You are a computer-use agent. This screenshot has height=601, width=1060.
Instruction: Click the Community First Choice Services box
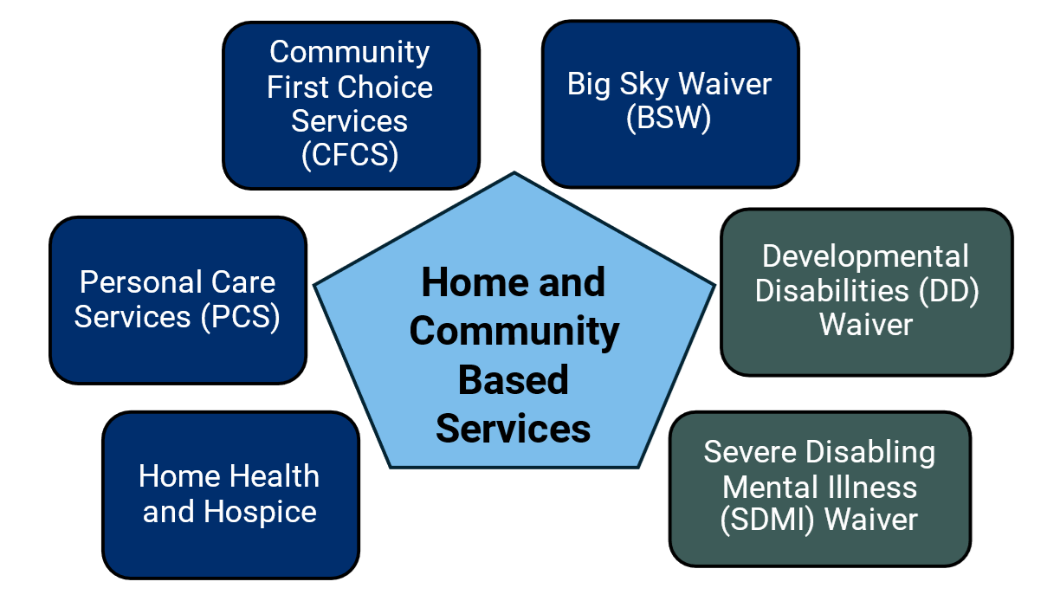[351, 105]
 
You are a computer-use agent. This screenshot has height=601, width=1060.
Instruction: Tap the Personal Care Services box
[178, 300]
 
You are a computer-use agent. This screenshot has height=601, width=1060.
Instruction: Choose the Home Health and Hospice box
[230, 494]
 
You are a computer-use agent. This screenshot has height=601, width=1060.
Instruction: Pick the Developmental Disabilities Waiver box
[866, 291]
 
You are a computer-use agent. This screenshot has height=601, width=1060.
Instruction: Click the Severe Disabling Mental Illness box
[819, 488]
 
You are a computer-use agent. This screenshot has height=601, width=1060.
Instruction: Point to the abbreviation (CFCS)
[350, 156]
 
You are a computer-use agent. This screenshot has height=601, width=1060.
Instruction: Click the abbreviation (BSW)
[669, 119]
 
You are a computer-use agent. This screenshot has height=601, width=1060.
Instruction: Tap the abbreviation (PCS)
[240, 317]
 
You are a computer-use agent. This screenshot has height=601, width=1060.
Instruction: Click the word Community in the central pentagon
[514, 332]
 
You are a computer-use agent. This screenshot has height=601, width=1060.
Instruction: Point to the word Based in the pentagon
[514, 380]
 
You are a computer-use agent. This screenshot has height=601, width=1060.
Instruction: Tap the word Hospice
[260, 512]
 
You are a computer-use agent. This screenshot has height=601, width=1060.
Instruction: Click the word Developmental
[866, 256]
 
